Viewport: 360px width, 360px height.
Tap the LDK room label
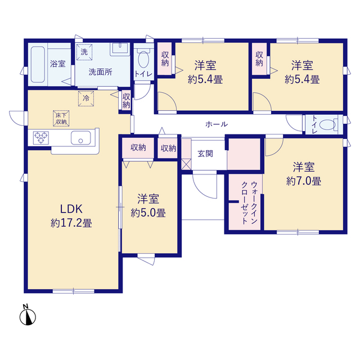(71, 209)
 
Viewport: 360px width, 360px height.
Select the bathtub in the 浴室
(38, 65)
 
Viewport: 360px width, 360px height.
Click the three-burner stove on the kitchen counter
(41, 138)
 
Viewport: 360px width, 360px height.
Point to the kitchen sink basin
(80, 138)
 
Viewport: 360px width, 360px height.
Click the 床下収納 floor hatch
(61, 119)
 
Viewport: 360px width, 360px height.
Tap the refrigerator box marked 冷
(86, 99)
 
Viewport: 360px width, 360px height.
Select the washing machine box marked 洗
(84, 52)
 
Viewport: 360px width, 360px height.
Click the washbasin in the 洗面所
(120, 49)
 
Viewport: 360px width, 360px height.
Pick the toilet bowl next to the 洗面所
(144, 59)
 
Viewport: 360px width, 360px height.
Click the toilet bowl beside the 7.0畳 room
(327, 125)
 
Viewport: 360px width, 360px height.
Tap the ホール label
(217, 124)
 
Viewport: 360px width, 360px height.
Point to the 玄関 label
(205, 154)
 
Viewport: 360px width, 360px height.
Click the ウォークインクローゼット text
(249, 202)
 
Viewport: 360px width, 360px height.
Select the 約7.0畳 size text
(304, 181)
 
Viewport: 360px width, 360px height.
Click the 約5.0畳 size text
(148, 213)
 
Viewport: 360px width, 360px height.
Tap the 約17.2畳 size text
(71, 223)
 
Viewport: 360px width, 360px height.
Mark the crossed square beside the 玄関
(186, 164)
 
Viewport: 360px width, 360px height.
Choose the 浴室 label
(58, 64)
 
